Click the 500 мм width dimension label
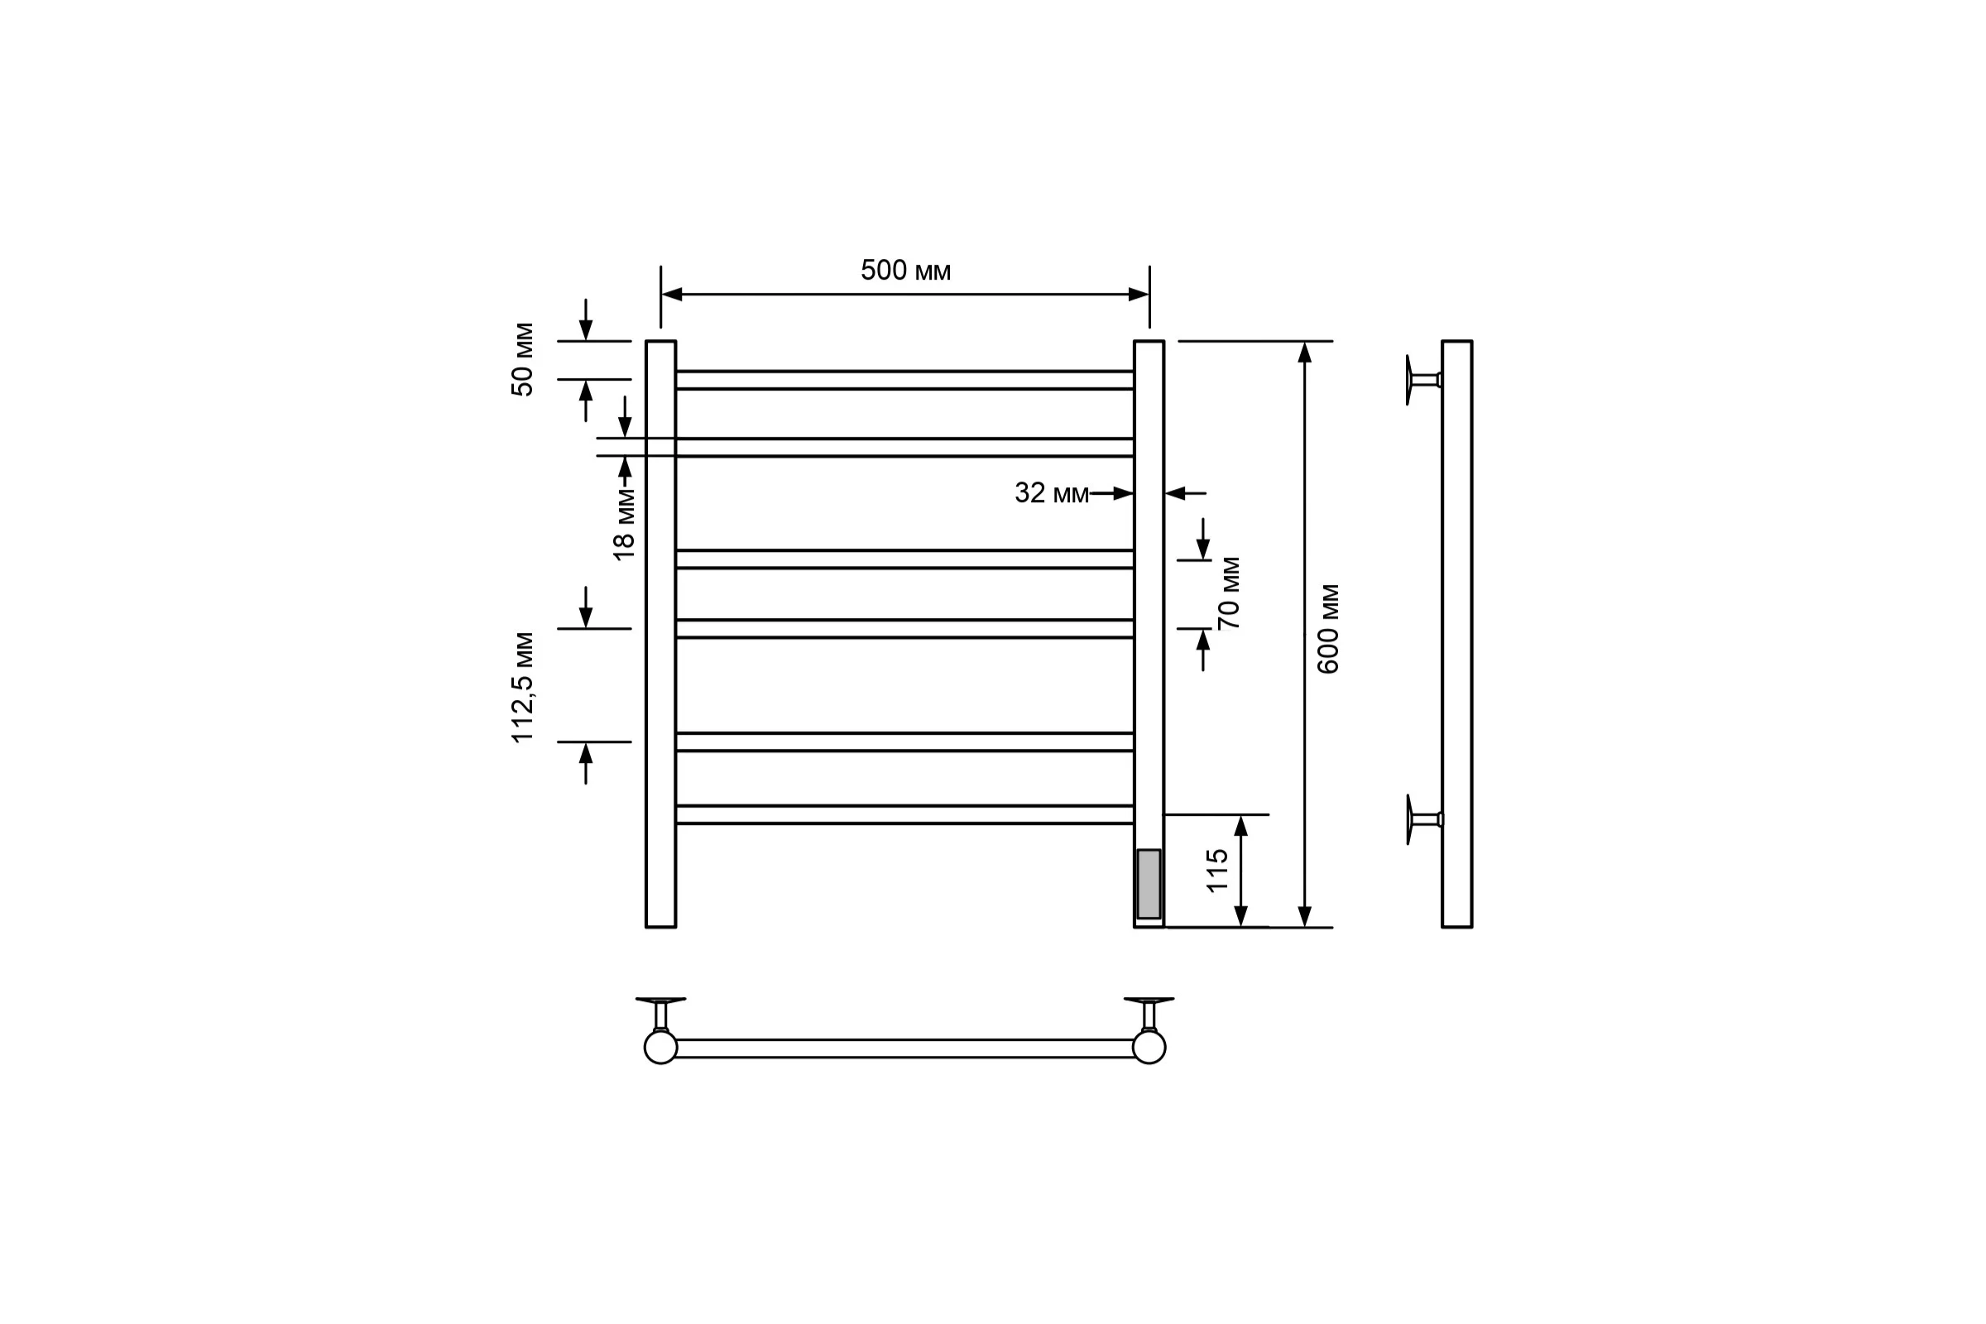click(x=905, y=271)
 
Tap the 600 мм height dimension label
click(x=1328, y=629)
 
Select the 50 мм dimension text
click(x=523, y=360)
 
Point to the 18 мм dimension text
click(x=623, y=524)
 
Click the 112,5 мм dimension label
click(x=523, y=688)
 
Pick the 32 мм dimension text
click(x=1051, y=493)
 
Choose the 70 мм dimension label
click(x=1230, y=592)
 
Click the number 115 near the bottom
click(x=1216, y=871)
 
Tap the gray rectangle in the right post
click(x=1149, y=883)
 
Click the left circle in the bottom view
click(x=660, y=1047)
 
